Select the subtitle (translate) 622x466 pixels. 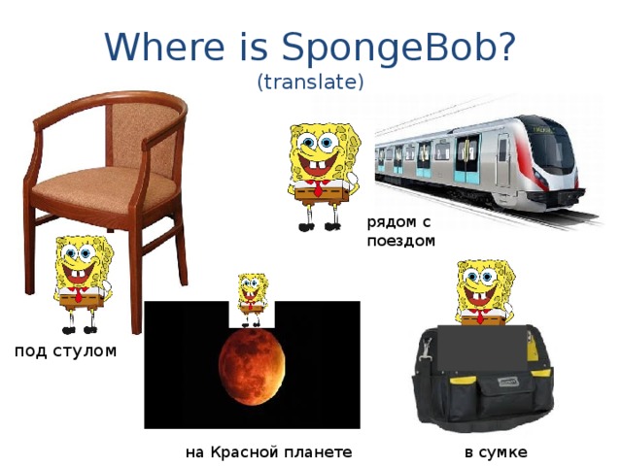click(x=310, y=83)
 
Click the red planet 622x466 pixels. click(x=252, y=370)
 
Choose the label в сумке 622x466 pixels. click(x=497, y=452)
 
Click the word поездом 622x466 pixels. click(x=401, y=241)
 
